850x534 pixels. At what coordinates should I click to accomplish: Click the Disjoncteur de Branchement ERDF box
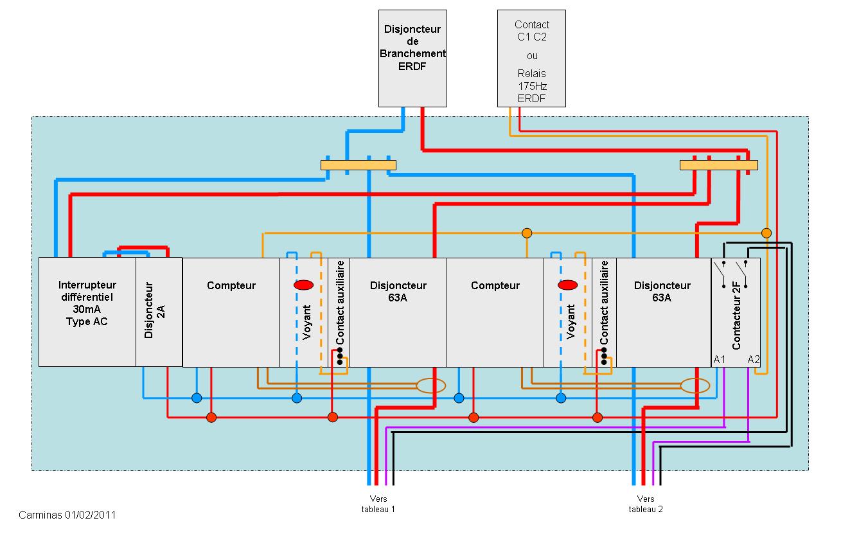click(x=412, y=58)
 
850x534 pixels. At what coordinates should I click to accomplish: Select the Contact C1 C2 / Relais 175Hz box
click(x=531, y=58)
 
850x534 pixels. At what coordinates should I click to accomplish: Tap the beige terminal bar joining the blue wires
click(x=358, y=165)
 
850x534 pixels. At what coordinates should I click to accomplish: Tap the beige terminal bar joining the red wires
click(x=718, y=165)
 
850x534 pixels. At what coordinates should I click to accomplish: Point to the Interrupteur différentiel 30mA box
click(x=87, y=312)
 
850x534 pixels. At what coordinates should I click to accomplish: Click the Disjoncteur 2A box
click(x=159, y=312)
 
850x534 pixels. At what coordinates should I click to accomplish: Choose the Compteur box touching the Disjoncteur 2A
click(x=231, y=312)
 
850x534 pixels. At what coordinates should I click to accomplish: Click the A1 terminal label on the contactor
click(x=720, y=359)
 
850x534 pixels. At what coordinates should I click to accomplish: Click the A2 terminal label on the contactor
click(x=754, y=359)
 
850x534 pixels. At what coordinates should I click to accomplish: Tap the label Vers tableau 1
click(x=378, y=504)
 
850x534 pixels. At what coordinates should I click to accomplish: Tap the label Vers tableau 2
click(x=646, y=504)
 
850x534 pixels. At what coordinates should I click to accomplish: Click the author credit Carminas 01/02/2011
click(x=67, y=515)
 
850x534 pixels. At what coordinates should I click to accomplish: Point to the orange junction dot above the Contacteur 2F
click(x=766, y=233)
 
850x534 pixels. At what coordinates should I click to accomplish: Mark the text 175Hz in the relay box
click(x=532, y=85)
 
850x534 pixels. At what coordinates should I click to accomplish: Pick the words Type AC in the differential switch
click(x=87, y=321)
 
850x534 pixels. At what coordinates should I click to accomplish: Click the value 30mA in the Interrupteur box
click(x=87, y=309)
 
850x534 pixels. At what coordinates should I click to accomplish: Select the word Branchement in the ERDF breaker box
click(x=412, y=53)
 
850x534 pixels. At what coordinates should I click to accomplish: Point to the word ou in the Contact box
click(x=532, y=55)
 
